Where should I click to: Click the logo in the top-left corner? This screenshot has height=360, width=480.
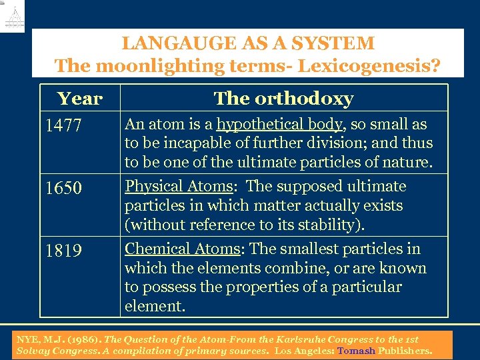click(x=13, y=17)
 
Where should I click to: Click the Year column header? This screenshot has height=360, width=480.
click(x=80, y=99)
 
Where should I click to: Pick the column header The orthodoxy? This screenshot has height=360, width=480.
click(x=283, y=99)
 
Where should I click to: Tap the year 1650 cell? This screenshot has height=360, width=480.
click(x=63, y=189)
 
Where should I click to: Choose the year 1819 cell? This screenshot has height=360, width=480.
click(x=63, y=251)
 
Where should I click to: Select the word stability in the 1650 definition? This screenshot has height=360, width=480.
click(x=327, y=225)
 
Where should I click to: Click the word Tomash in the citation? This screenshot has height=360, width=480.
click(x=356, y=350)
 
